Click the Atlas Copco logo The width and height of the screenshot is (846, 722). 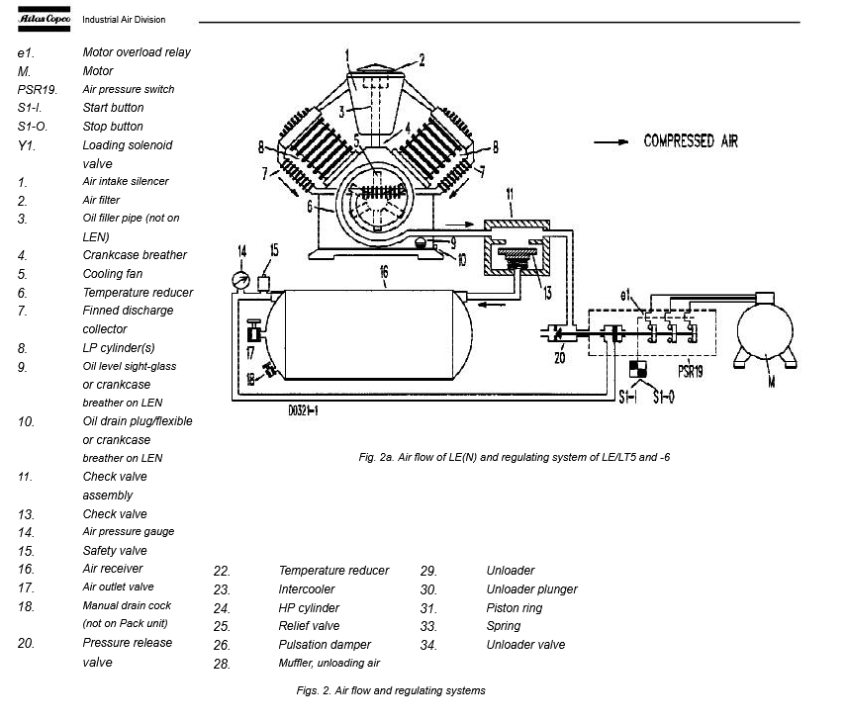[x=44, y=19]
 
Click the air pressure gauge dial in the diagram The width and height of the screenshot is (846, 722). [x=240, y=280]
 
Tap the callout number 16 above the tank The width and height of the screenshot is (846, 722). [x=384, y=271]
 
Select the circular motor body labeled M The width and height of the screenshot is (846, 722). [x=765, y=330]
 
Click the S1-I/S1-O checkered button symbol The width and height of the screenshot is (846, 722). [x=638, y=369]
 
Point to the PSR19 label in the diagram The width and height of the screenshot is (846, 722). [x=690, y=372]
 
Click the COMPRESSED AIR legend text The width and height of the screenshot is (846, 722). [x=691, y=141]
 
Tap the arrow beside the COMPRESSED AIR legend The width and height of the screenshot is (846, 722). [x=611, y=142]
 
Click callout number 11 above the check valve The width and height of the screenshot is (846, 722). [x=510, y=194]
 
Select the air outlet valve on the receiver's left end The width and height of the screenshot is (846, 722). [x=253, y=332]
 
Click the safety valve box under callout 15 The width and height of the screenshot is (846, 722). [x=263, y=284]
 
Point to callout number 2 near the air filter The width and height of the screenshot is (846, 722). [x=422, y=60]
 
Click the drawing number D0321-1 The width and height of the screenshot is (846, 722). [x=303, y=410]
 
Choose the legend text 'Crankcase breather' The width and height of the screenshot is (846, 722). [x=135, y=255]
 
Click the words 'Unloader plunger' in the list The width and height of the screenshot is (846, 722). [x=531, y=589]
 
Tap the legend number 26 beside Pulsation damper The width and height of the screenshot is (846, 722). [x=222, y=646]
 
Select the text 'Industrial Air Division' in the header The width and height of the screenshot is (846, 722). [x=124, y=20]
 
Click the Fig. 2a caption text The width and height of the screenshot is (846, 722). [x=515, y=457]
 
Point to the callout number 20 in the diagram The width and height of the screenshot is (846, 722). [x=559, y=357]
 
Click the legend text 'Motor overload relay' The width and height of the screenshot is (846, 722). [x=137, y=52]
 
